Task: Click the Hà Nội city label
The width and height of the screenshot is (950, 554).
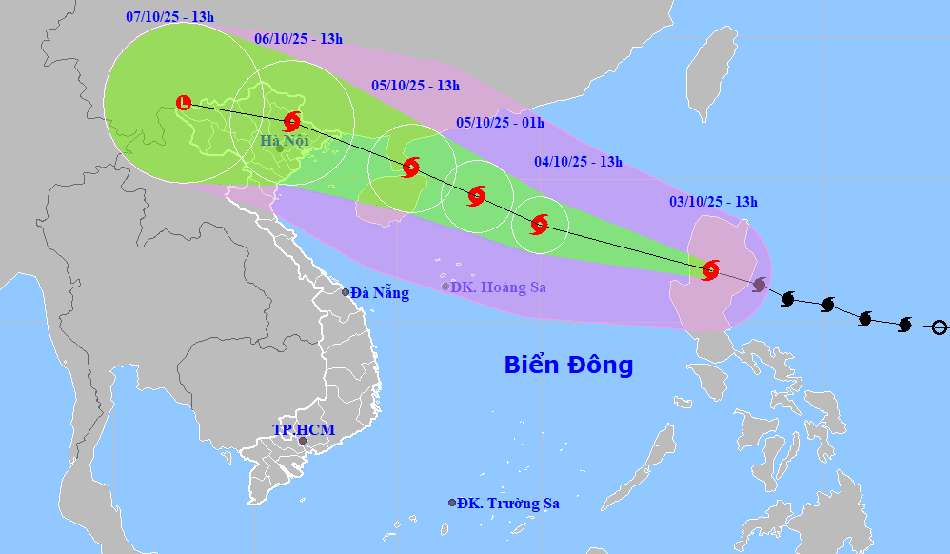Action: point(284,141)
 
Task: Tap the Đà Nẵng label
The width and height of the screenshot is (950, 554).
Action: point(379,293)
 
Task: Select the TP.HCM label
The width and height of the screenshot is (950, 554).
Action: point(304,430)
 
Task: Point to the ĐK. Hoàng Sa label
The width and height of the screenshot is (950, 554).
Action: point(498,287)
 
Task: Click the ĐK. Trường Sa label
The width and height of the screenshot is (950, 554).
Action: point(507,503)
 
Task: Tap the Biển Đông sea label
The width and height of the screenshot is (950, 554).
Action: point(568,365)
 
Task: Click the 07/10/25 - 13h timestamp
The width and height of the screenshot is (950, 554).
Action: point(168,17)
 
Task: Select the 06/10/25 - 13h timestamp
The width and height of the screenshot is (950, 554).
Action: point(299,39)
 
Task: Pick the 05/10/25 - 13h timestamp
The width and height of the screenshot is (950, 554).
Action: point(415,85)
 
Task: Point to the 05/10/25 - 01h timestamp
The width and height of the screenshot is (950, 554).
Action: point(500,122)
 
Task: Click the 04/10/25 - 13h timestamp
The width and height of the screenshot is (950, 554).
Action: point(579,162)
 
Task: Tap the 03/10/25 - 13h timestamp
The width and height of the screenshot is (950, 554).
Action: point(713,201)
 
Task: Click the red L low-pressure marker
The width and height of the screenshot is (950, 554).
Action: point(185,103)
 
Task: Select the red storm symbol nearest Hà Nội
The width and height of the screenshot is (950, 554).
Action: point(292,121)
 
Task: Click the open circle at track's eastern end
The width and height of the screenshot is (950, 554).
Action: point(940,327)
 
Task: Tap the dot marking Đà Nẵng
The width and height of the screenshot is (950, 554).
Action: point(346,292)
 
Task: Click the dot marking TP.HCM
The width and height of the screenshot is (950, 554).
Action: point(303,441)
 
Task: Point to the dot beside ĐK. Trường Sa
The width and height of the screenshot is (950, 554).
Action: point(452,503)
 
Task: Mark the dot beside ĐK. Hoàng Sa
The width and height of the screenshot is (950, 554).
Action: point(445,287)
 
